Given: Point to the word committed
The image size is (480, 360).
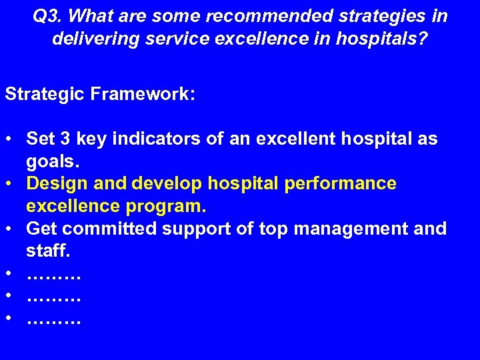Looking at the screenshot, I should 113,229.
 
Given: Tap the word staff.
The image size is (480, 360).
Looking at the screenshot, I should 48,251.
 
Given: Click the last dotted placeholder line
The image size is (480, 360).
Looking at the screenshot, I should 53,321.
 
